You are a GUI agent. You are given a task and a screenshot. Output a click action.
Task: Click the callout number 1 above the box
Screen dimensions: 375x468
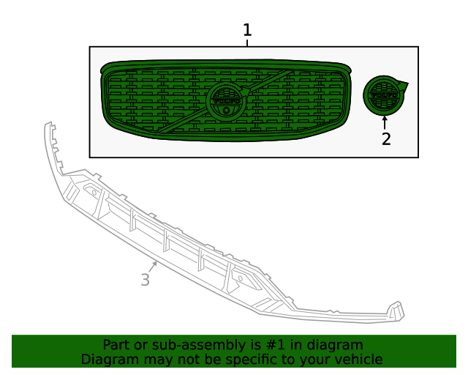click(247, 30)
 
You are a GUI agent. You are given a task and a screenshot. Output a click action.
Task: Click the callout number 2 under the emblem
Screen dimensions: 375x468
click(386, 138)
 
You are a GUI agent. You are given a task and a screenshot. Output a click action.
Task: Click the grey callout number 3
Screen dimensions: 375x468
click(145, 280)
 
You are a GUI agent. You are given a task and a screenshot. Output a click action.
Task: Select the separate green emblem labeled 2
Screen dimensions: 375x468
click(383, 95)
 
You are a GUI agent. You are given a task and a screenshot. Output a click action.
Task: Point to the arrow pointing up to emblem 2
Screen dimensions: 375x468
click(385, 122)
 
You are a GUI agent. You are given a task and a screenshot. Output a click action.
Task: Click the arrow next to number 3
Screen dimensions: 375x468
click(154, 265)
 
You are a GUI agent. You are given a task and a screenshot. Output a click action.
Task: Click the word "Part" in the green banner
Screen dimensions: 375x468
click(116, 345)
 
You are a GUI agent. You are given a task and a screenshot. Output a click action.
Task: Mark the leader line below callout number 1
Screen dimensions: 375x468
click(247, 42)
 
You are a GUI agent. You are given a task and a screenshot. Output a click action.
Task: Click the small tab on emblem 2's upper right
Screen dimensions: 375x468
click(403, 85)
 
